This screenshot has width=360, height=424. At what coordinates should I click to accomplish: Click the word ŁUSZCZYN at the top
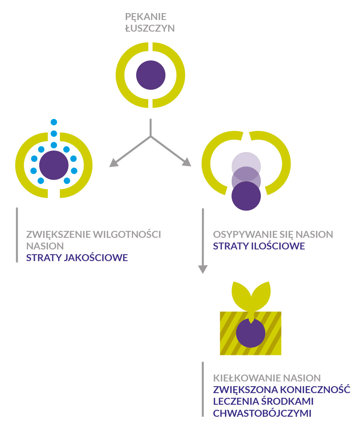coord(150,28)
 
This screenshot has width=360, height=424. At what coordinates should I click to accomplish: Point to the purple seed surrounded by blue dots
coord(54,165)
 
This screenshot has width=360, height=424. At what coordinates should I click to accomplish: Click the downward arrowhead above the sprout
coord(203,269)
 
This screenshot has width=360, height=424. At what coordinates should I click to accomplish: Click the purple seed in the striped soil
coord(250,333)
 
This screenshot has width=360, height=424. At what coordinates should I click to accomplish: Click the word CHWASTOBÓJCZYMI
coord(262,413)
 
